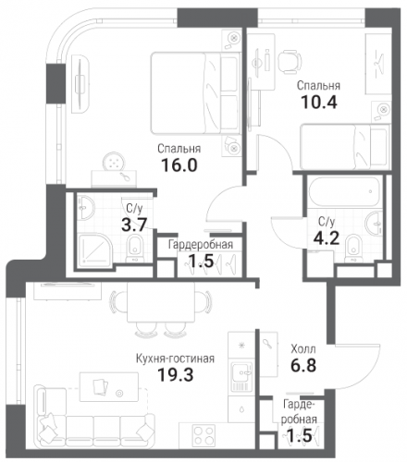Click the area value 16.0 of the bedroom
(x=179, y=165)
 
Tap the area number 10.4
(x=319, y=103)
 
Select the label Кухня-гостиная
(x=175, y=359)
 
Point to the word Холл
(x=303, y=349)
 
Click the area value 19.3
(x=176, y=375)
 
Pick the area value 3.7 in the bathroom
(x=134, y=225)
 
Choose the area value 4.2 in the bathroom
(x=327, y=237)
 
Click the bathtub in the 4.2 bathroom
(x=344, y=191)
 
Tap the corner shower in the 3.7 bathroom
(x=94, y=250)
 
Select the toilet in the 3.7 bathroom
(x=135, y=249)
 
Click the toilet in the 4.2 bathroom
(x=353, y=249)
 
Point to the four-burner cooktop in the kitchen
(x=203, y=435)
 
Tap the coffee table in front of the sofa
(x=109, y=386)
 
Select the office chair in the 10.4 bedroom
(x=290, y=62)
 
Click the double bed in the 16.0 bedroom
(x=195, y=93)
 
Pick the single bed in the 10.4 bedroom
(x=345, y=147)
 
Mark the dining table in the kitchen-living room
(x=161, y=302)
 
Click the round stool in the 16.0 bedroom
(x=115, y=162)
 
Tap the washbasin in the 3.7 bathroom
(x=85, y=208)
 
